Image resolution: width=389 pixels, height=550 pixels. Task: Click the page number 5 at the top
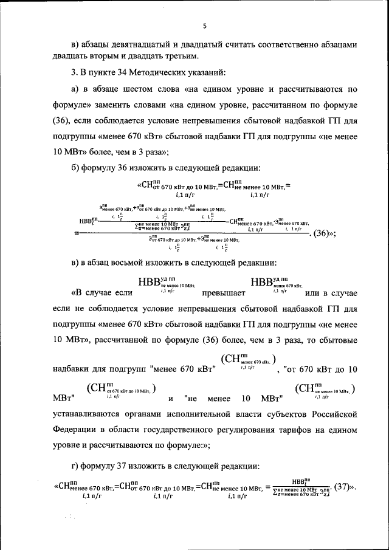pyautogui.click(x=205, y=26)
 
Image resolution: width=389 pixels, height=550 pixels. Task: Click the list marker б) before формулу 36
pyautogui.click(x=76, y=167)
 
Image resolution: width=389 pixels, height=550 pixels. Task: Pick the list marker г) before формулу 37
pyautogui.click(x=76, y=466)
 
